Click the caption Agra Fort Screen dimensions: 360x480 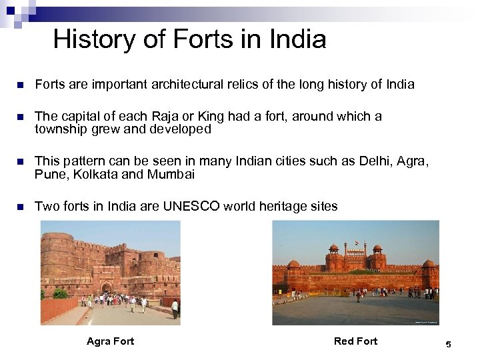pos(110,341)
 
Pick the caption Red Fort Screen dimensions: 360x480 pos(355,341)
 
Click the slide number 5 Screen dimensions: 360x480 pos(448,345)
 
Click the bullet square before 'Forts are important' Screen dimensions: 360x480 pos(20,85)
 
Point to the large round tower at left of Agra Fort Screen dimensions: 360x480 pos(57,257)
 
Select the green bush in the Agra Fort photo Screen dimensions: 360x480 pos(60,293)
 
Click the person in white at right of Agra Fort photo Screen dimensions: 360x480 pos(174,307)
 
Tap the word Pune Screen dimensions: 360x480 pos(49,175)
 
